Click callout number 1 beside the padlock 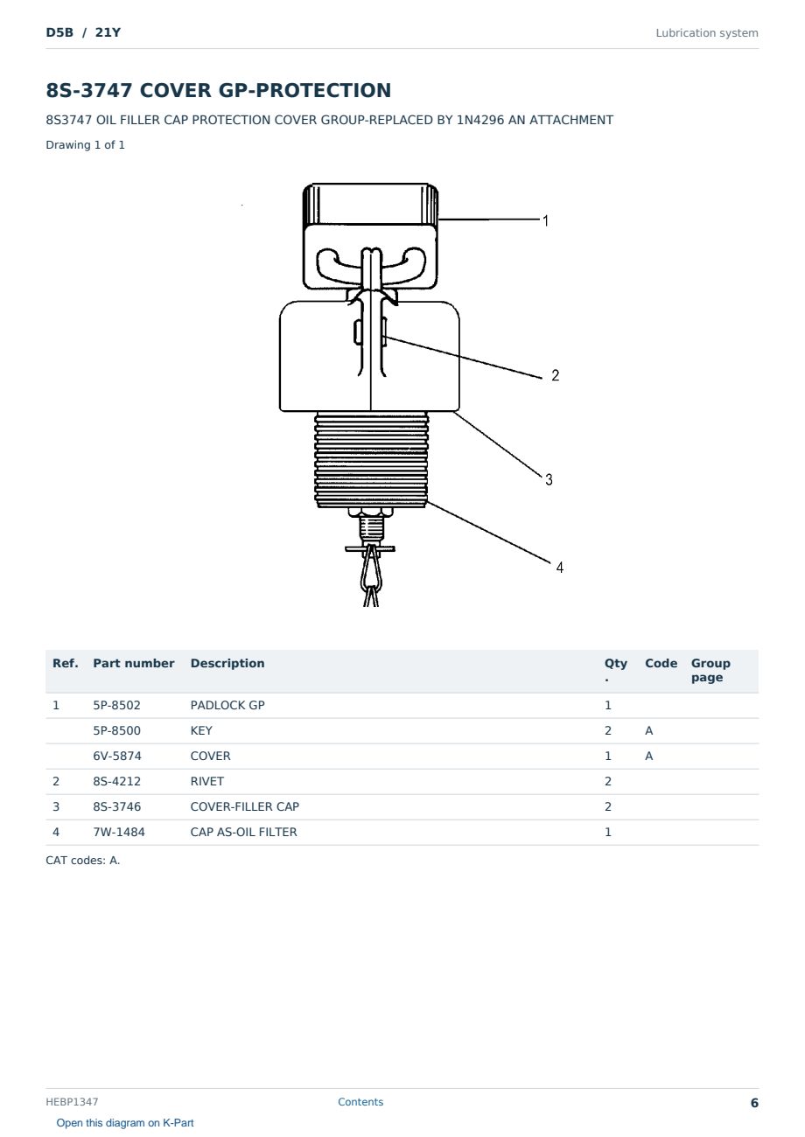point(545,220)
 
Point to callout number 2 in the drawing point(555,375)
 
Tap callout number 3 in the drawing point(549,479)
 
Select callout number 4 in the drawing point(560,567)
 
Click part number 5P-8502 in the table point(116,705)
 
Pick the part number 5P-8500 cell point(116,730)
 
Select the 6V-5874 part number point(117,756)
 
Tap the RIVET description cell point(206,781)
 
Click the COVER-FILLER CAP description point(245,806)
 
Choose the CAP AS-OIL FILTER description point(244,832)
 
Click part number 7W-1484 point(118,832)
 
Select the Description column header point(227,664)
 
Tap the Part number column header point(134,664)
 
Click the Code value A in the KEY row point(648,730)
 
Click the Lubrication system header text point(707,33)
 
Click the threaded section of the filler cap point(371,460)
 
